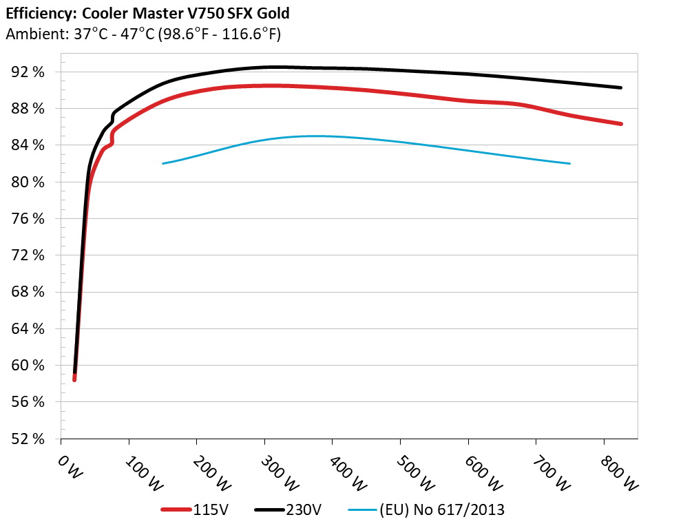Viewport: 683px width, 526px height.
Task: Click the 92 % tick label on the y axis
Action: [x=29, y=72]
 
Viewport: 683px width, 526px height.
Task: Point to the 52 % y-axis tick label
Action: [x=29, y=439]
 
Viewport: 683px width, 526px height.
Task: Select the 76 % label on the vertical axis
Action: [x=29, y=219]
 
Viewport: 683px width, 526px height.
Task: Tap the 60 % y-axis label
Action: [x=29, y=366]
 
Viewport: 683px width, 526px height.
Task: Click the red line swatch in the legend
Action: [x=176, y=510]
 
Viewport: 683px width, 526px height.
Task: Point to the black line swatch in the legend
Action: [x=270, y=510]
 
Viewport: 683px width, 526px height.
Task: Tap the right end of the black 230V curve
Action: [x=621, y=87]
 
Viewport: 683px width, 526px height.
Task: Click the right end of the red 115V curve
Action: [x=621, y=124]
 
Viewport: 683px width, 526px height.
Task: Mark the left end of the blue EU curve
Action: [x=162, y=163]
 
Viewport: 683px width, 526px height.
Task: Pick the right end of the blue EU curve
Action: [x=570, y=163]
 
